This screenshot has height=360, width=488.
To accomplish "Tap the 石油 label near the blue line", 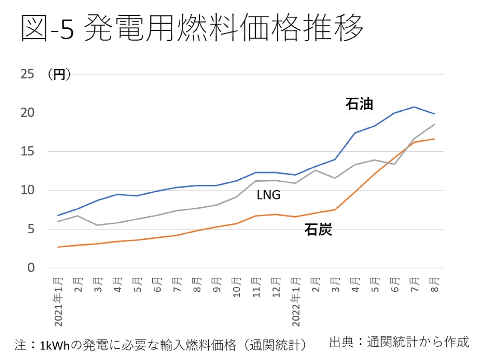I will pyautogui.click(x=359, y=104).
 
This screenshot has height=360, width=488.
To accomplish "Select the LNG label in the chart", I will pyautogui.click(x=268, y=195).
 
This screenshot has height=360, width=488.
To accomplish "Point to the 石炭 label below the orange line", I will pyautogui.click(x=318, y=229).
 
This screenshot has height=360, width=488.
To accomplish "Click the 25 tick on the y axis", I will pyautogui.click(x=27, y=74).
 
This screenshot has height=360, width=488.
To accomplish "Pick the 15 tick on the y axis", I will pyautogui.click(x=27, y=152).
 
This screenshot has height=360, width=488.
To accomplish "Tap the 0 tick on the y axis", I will pyautogui.click(x=31, y=268).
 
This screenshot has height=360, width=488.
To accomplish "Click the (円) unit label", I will pyautogui.click(x=59, y=74).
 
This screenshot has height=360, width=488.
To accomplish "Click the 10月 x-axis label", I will pyautogui.click(x=236, y=287).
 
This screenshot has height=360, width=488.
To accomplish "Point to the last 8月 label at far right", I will pyautogui.click(x=434, y=285).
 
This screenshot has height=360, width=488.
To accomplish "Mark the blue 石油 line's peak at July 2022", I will pyautogui.click(x=414, y=107).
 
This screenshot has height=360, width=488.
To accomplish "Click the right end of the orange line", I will pyautogui.click(x=434, y=139).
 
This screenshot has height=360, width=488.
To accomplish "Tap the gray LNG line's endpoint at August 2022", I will pyautogui.click(x=434, y=124).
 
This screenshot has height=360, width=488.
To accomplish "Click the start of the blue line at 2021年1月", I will pyautogui.click(x=58, y=215).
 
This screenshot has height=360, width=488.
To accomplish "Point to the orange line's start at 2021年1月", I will pyautogui.click(x=58, y=247).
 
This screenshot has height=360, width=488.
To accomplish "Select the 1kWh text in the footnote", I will pyautogui.click(x=55, y=345).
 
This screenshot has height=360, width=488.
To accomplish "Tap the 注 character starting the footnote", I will pyautogui.click(x=21, y=345).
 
